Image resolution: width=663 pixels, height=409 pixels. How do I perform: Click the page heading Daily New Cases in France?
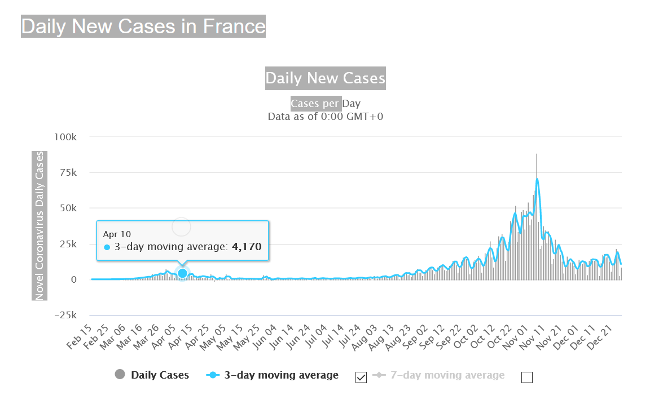tap(143, 26)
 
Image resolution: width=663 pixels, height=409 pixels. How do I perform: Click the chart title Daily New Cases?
tap(326, 78)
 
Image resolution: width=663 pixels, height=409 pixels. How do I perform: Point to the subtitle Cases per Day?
tap(326, 104)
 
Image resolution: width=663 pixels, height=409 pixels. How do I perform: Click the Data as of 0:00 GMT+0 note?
tap(326, 117)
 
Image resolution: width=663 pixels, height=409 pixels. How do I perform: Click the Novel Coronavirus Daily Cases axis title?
tap(39, 225)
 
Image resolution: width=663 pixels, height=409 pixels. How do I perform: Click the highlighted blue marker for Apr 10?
tap(182, 273)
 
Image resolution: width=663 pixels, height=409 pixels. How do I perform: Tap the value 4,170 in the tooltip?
tap(247, 247)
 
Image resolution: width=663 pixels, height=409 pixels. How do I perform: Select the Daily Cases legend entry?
tap(160, 375)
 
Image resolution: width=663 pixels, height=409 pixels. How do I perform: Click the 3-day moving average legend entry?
tap(281, 375)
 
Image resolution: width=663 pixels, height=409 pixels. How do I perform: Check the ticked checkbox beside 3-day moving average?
tap(361, 377)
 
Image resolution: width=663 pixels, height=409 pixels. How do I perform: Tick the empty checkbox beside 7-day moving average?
tap(527, 377)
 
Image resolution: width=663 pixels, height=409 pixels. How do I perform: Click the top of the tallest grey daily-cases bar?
tap(537, 154)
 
